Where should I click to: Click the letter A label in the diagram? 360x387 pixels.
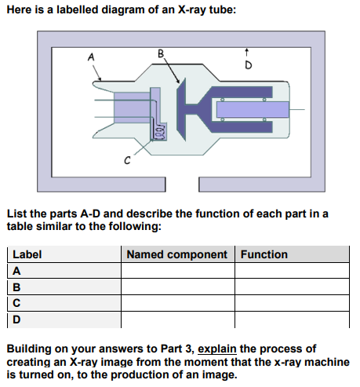[92, 56]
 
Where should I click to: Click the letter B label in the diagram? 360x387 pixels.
[162, 54]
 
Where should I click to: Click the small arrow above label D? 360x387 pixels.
[248, 52]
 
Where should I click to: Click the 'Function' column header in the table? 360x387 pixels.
[264, 254]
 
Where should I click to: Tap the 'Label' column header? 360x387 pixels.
[27, 254]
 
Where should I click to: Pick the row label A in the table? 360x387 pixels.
[16, 270]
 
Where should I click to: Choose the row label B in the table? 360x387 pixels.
[16, 287]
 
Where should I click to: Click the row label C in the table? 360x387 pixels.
[16, 303]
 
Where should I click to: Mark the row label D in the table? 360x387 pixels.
[16, 319]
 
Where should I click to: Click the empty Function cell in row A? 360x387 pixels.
[291, 270]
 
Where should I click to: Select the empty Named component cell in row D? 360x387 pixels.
[177, 319]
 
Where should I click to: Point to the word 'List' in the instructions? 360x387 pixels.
[16, 214]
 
